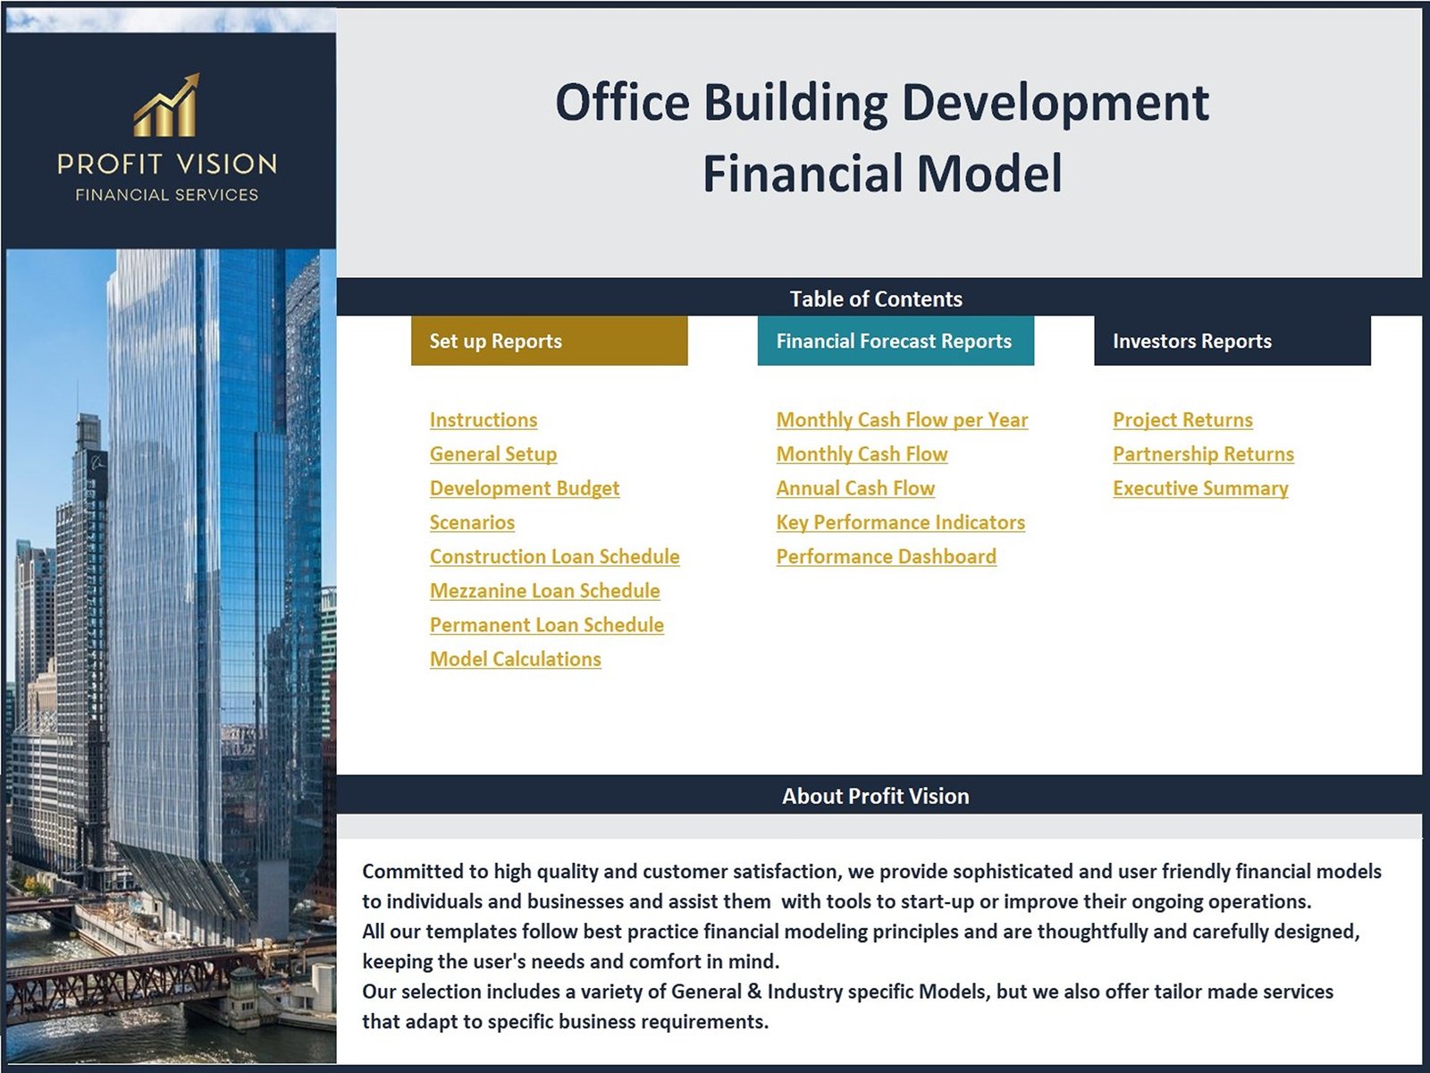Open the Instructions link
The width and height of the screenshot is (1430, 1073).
point(484,420)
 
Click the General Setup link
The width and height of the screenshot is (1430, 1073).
point(493,454)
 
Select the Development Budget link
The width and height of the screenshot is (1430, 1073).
point(525,488)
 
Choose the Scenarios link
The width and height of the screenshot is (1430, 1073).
point(472,522)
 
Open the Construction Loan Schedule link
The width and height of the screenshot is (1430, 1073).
point(554,556)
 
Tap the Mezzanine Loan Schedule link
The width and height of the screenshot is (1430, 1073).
point(544,591)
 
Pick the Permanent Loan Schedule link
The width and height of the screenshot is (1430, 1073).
point(547,625)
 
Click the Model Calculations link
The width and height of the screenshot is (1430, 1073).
point(516,659)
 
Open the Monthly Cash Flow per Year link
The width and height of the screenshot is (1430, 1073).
point(903,420)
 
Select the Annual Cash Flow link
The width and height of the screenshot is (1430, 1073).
point(855,488)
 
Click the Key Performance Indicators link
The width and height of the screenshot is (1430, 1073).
point(900,522)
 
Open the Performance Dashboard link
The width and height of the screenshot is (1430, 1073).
point(886,556)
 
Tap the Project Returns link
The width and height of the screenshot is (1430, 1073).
point(1182,420)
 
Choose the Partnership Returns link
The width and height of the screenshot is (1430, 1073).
point(1203,454)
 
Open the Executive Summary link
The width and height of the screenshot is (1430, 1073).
point(1200,488)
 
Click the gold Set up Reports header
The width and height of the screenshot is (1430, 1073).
point(549,341)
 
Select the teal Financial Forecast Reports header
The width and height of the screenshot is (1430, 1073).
point(896,341)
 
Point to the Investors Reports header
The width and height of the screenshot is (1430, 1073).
point(1232,341)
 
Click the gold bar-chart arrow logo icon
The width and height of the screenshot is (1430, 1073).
point(167,105)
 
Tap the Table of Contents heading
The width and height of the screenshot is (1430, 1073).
point(876,299)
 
